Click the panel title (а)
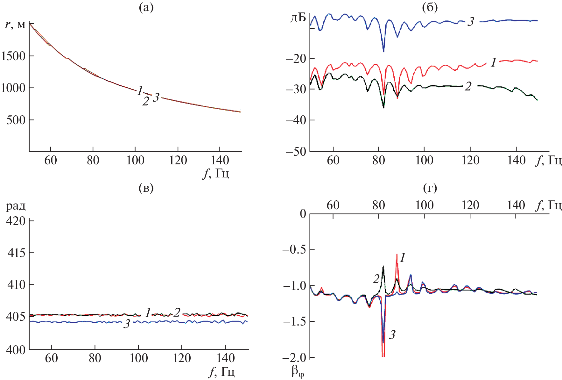click(x=146, y=8)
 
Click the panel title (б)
click(x=430, y=8)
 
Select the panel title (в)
click(x=146, y=188)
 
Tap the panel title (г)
click(x=430, y=188)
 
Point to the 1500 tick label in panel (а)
click(x=13, y=56)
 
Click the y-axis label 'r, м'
click(x=15, y=25)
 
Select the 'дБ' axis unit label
click(x=298, y=18)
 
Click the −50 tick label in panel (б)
click(x=296, y=151)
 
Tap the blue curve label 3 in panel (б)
click(x=471, y=22)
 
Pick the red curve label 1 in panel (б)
click(x=493, y=63)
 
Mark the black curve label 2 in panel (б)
click(x=468, y=86)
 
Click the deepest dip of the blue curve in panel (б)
click(x=383, y=51)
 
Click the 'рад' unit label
click(x=16, y=206)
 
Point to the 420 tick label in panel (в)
click(x=16, y=221)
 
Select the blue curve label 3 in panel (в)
click(x=127, y=324)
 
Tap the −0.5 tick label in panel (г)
click(x=294, y=249)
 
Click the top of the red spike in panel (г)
click(x=397, y=255)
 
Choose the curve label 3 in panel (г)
click(x=392, y=335)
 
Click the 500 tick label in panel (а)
click(x=16, y=120)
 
